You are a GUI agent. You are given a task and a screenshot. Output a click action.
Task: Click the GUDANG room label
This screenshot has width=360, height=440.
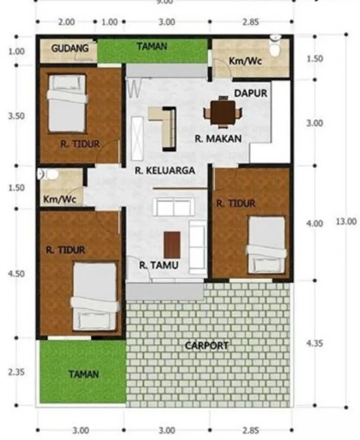point(70,48)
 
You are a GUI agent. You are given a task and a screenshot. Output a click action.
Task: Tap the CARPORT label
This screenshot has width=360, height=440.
point(207,346)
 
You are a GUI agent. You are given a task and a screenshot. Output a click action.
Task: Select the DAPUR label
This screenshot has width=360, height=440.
point(250,93)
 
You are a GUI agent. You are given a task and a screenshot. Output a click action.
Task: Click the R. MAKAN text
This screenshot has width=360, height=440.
point(218,138)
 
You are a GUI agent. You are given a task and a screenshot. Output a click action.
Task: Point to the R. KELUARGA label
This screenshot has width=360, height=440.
point(164,171)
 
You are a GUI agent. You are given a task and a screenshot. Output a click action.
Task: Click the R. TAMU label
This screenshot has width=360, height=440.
point(159,265)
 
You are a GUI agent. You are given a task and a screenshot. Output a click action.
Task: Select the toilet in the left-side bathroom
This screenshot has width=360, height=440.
point(48,174)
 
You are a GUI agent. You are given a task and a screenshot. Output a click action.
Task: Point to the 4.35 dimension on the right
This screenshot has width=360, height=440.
point(315,344)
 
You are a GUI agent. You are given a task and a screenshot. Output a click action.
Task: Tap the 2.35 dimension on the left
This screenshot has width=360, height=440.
point(17,372)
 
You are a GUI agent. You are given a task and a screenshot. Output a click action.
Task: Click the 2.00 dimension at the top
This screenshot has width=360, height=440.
point(67,23)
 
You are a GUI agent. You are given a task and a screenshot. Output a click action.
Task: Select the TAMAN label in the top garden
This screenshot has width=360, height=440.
point(151,47)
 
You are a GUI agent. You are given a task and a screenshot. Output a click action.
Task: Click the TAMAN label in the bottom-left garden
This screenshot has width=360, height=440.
point(83,374)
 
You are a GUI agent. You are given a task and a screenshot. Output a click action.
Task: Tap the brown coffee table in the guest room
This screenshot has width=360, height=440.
point(172,244)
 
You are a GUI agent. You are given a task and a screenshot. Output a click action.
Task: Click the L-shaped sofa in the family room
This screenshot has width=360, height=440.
point(164,126)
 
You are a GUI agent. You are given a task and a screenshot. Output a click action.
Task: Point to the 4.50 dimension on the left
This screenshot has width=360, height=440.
point(17,274)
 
